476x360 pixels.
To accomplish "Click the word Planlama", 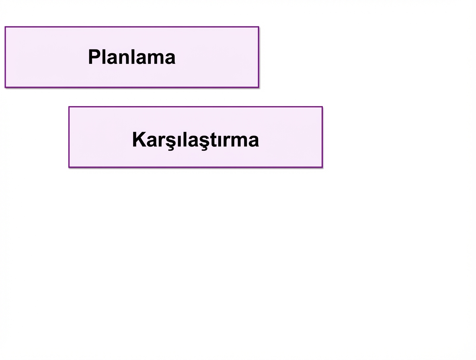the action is [x=132, y=57].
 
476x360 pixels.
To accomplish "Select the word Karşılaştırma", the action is [x=195, y=140].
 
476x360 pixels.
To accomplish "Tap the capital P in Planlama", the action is [x=94, y=57].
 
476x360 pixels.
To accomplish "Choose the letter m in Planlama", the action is [x=153, y=59].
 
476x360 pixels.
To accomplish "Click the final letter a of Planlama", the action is [x=169, y=59].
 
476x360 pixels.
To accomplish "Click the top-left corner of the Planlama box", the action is [x=5, y=27].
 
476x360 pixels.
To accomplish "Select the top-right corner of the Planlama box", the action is [x=259, y=27].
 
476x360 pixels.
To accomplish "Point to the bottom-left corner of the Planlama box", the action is [x=5, y=87].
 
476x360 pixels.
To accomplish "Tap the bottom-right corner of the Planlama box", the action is [x=259, y=87].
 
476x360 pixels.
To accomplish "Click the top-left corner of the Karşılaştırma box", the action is [x=69, y=107].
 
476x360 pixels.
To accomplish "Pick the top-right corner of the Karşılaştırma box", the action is [x=322, y=107].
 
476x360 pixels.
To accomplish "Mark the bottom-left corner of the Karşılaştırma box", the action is [x=69, y=167].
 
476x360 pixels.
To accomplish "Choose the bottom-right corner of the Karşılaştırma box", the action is [x=322, y=167].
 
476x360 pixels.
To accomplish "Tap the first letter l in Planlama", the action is [x=103, y=57].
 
